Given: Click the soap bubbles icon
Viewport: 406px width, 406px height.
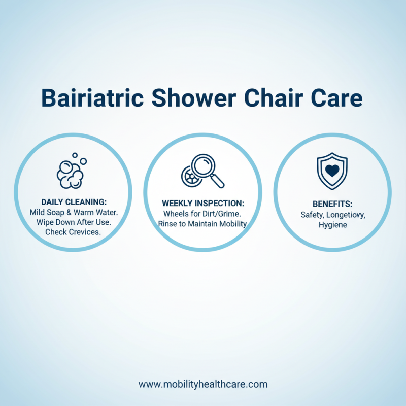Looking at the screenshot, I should [x=71, y=171].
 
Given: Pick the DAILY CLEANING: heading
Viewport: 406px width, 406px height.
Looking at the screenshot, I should [x=73, y=202].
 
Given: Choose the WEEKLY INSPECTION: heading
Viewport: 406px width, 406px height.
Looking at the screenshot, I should [x=203, y=204].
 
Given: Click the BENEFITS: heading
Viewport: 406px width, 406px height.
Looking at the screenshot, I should [x=332, y=204].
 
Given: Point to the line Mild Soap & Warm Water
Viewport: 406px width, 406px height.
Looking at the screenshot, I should [x=73, y=212].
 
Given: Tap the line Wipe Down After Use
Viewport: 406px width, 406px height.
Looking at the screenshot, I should [x=73, y=222].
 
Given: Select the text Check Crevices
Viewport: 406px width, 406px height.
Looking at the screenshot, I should [x=73, y=232].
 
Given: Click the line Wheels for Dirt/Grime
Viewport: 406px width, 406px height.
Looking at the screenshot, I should [x=203, y=214].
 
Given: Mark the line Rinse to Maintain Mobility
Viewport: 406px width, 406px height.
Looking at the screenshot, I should [x=203, y=224].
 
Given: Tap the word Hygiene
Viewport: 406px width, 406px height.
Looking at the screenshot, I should [x=333, y=225].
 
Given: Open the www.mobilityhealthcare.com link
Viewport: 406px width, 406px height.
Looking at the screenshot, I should [x=203, y=384].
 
